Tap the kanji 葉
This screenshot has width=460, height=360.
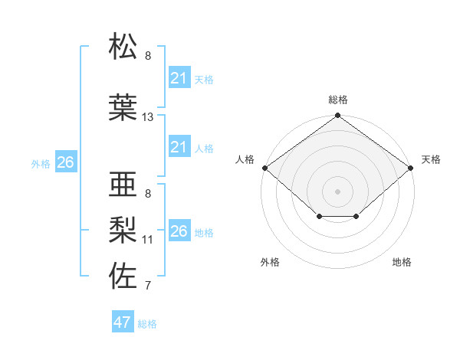pos(123,108)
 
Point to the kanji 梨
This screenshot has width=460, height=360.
pos(123,230)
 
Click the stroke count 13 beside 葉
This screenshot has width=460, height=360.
pos(148,117)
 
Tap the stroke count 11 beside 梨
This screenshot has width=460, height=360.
pos(148,240)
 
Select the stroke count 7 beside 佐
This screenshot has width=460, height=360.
pos(148,286)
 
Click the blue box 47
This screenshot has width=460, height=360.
pos(123,322)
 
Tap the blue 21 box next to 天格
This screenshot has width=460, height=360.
pos(179,78)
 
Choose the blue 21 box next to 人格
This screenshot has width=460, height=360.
pos(179,147)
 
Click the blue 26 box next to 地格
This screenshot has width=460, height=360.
pos(179,231)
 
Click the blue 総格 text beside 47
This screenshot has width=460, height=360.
pos(147,324)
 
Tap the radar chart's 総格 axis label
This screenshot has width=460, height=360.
pos(338,100)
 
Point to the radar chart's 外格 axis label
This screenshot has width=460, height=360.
pos(270,263)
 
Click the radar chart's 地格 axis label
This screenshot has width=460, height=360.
pos(402,263)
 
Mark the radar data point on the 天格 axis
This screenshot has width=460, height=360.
pos(412,168)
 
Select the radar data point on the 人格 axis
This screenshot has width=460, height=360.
pos(264,168)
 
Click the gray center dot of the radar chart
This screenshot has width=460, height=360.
pos(338,191)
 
